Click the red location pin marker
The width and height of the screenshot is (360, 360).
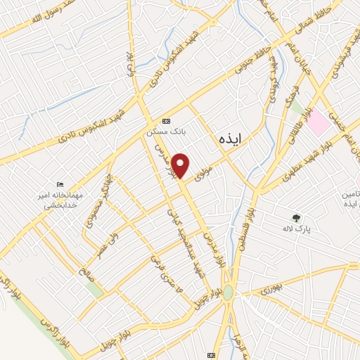click(x=181, y=165)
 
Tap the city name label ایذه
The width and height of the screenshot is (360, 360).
click(x=229, y=141)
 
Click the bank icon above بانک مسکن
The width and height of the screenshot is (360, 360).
click(x=165, y=120)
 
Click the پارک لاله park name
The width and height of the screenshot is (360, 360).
click(x=303, y=229)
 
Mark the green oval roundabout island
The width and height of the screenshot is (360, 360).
click(x=229, y=292)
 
